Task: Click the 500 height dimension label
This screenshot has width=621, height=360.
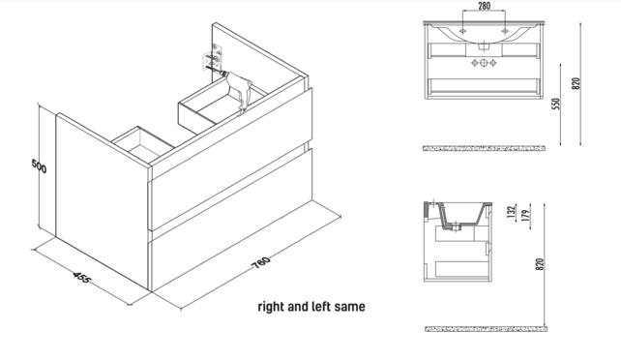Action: coord(39,165)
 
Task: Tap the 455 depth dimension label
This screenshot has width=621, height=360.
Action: coord(82,277)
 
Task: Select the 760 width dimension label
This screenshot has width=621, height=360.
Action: coord(262,262)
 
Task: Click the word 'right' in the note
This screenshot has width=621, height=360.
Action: coord(271,307)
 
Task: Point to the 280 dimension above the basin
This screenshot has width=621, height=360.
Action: coord(484,6)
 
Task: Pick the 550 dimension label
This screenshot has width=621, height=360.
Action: coord(556,104)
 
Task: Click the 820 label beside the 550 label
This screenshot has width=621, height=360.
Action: coord(577,83)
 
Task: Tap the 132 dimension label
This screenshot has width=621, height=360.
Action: coord(512,212)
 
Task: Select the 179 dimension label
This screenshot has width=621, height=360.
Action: coord(525,216)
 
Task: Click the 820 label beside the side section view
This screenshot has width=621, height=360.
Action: coord(540,264)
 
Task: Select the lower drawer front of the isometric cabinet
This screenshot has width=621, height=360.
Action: coord(230,221)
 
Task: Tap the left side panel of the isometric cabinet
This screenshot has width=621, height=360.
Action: coord(103,200)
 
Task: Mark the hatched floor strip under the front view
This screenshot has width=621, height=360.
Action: coord(484,148)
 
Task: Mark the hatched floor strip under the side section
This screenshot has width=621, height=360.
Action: coord(486,329)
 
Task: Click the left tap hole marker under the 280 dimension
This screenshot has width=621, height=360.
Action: coord(462,31)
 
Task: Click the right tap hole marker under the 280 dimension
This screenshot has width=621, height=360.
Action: coord(505,31)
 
